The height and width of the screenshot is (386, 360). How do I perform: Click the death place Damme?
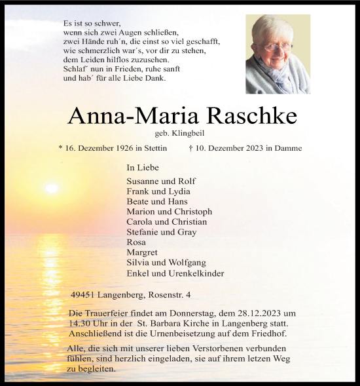[289, 149]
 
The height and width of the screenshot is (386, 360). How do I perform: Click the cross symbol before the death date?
[190, 149]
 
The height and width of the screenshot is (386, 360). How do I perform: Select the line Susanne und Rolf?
[161, 181]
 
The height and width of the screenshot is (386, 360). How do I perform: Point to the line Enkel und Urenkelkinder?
[175, 273]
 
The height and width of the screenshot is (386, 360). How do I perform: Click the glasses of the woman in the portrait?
[278, 46]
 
